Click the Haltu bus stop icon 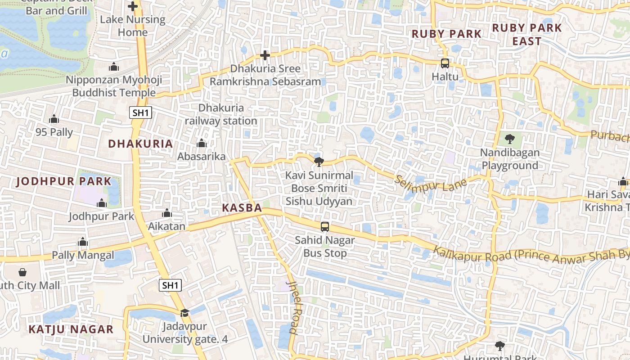445,63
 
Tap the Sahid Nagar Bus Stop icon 324,226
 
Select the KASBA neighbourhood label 242,208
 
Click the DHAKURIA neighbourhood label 140,144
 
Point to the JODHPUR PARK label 63,182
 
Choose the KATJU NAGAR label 71,329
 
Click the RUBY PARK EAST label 527,34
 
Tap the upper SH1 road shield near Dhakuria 140,112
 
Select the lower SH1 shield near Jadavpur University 171,285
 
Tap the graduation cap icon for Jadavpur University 184,313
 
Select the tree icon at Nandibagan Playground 509,139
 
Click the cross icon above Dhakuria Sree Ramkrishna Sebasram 265,55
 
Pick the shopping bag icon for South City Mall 22,272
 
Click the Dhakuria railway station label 221,114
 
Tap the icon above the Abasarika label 201,144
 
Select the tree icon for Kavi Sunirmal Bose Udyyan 319,161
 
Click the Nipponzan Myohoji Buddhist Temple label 114,86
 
